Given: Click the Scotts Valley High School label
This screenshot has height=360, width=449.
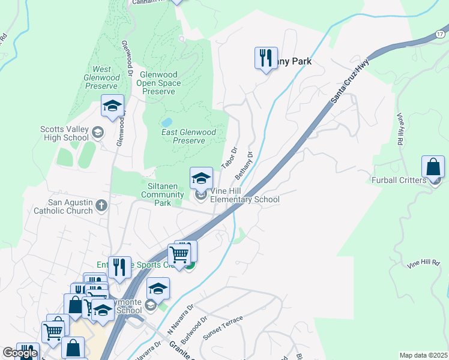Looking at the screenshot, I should coord(64,133).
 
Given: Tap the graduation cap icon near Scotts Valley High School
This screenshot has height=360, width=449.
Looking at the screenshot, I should coord(112,106).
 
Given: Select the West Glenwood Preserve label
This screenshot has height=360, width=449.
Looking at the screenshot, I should coord(101,77).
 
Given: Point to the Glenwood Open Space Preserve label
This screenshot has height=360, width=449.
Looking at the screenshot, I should coord(159,83).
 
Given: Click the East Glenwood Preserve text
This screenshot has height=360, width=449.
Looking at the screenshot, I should coord(189,136).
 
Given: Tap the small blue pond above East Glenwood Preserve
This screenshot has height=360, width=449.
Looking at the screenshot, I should coord(167,121).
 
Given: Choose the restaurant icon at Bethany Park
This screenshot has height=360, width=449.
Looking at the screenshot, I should coord(266,58).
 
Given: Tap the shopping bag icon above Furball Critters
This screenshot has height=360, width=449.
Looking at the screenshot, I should coord(433,167).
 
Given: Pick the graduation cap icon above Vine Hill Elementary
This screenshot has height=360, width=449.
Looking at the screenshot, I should coord(201,178).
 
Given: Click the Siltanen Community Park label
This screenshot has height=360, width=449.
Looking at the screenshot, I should coord(159,194).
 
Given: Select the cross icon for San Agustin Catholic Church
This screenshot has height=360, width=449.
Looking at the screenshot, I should coord(101,206).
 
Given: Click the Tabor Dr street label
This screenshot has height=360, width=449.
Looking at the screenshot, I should coord(229,157).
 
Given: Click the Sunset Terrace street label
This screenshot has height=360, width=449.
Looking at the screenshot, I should coord(222,328).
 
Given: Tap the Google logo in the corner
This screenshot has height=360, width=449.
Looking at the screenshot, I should coord(20,353).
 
